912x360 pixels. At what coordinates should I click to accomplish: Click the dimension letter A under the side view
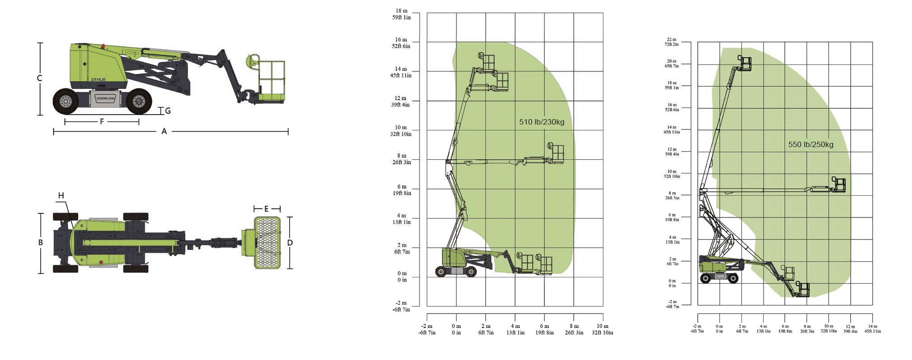(164, 131)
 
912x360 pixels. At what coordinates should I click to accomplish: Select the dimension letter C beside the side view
(40, 78)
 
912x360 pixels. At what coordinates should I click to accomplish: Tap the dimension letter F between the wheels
(102, 121)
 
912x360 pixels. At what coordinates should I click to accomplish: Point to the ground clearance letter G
(168, 111)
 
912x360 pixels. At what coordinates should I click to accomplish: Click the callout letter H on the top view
(61, 195)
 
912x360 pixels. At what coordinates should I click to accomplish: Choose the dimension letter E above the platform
(267, 208)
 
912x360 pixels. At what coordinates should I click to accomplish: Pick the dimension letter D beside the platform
(290, 243)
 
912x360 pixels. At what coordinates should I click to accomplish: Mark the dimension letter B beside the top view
(41, 242)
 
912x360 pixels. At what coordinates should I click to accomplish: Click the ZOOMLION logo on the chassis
(106, 98)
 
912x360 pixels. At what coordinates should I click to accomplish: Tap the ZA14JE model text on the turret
(98, 79)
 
